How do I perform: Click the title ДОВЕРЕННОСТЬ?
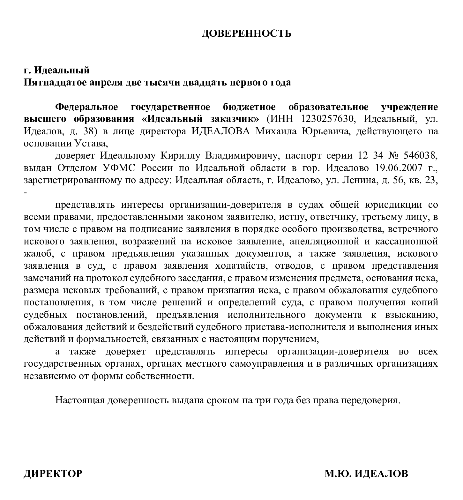[x=246, y=34]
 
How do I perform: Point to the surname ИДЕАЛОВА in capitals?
[x=220, y=131]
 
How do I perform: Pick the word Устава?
[x=90, y=144]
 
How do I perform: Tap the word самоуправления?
[x=265, y=364]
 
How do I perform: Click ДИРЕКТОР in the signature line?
[x=53, y=474]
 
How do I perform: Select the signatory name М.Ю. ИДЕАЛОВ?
[x=366, y=474]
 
